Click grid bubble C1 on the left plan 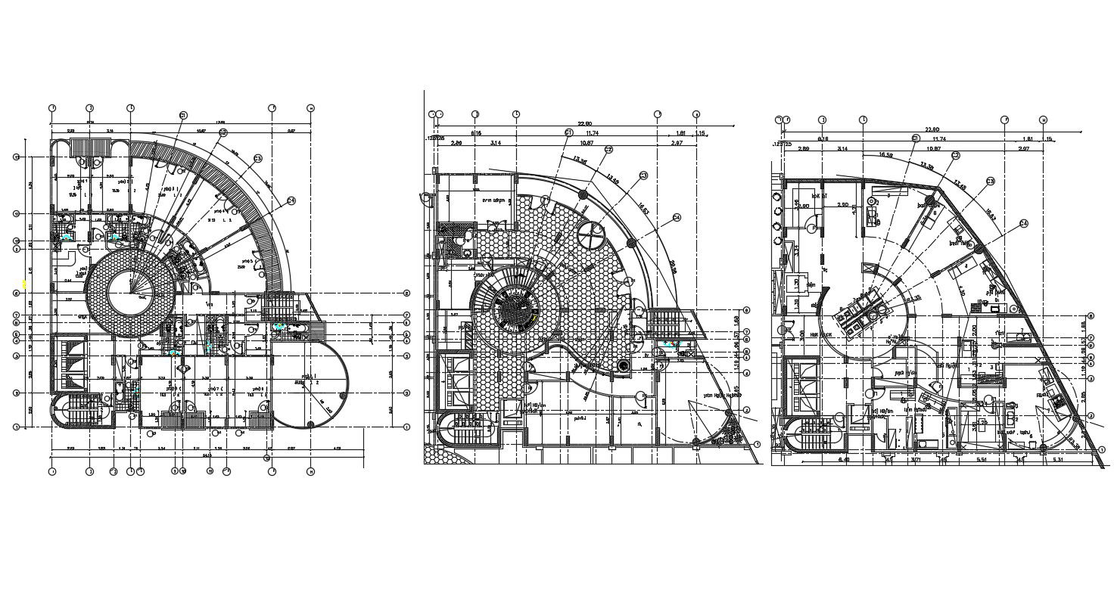pos(183,115)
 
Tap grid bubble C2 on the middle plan pos(608,150)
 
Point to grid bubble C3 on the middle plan pos(643,175)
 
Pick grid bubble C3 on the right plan pos(990,182)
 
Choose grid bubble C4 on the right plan pos(1025,223)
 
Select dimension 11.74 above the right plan pos(940,139)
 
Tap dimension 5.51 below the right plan pos(981,459)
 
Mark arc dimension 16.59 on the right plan pos(885,154)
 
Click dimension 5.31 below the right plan pos(1057,459)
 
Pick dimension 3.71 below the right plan pos(915,459)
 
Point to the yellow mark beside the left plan pos(25,284)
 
